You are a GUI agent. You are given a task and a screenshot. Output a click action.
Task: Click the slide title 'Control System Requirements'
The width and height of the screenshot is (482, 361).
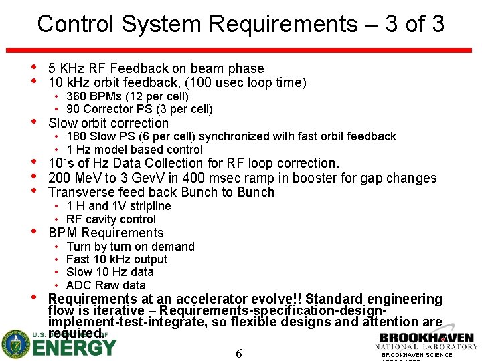click(197, 25)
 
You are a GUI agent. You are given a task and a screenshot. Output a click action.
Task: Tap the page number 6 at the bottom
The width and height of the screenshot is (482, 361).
click(239, 352)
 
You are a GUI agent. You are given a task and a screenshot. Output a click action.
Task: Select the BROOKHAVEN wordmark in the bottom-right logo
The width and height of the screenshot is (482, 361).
click(426, 338)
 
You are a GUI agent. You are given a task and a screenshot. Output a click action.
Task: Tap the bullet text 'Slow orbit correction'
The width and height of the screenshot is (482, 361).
click(108, 123)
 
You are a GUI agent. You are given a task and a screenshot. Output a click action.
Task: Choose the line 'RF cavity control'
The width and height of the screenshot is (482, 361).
click(111, 219)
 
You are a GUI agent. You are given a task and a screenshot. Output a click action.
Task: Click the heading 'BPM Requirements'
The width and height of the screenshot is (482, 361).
click(106, 233)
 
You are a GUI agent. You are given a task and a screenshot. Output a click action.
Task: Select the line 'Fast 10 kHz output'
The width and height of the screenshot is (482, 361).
click(116, 259)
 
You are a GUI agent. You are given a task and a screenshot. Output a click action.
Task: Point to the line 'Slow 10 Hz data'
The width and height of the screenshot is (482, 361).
click(110, 272)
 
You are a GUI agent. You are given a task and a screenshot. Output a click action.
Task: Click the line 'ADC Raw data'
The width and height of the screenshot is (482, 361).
click(106, 285)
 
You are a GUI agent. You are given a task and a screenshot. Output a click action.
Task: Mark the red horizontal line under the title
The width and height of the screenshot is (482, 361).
click(240, 51)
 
